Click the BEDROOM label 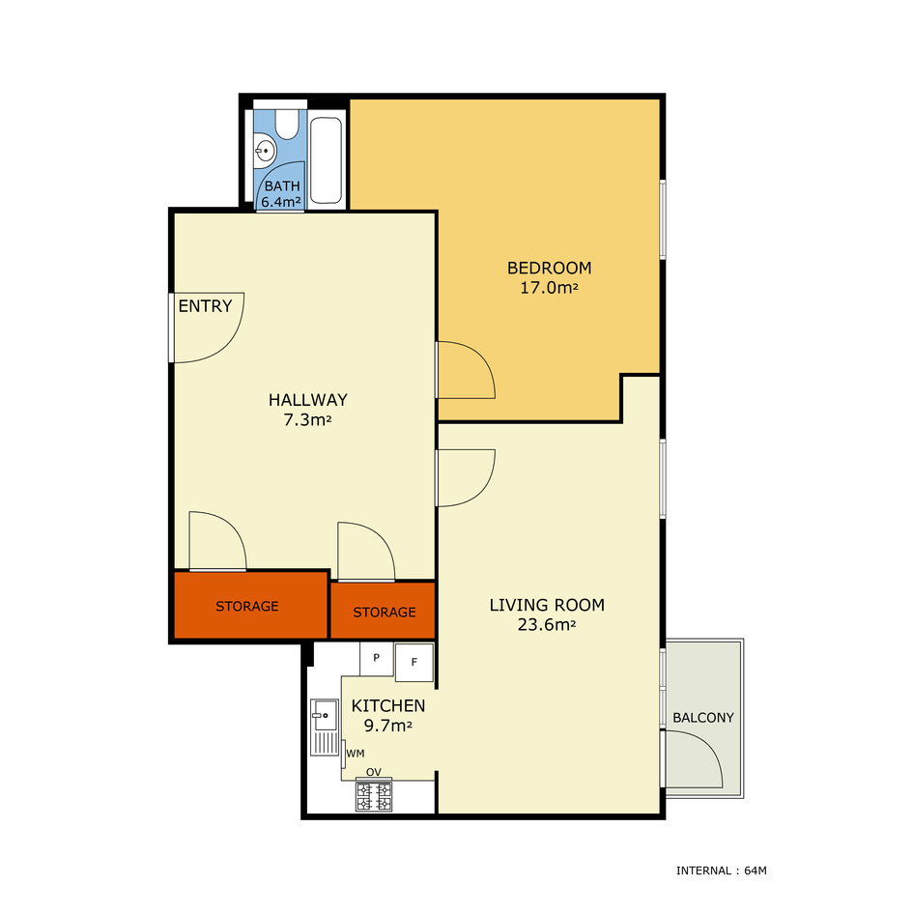549,268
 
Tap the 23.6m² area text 547,625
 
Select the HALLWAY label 308,400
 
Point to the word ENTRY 205,305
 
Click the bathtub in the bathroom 327,160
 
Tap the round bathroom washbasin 265,151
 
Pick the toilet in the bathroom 287,124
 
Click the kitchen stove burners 374,796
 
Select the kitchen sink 325,728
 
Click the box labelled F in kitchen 414,662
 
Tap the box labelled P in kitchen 376,659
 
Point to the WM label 356,754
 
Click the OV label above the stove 373,772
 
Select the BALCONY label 703,718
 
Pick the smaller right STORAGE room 384,611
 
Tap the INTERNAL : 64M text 722,871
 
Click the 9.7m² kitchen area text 388,727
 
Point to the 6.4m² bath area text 281,202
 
